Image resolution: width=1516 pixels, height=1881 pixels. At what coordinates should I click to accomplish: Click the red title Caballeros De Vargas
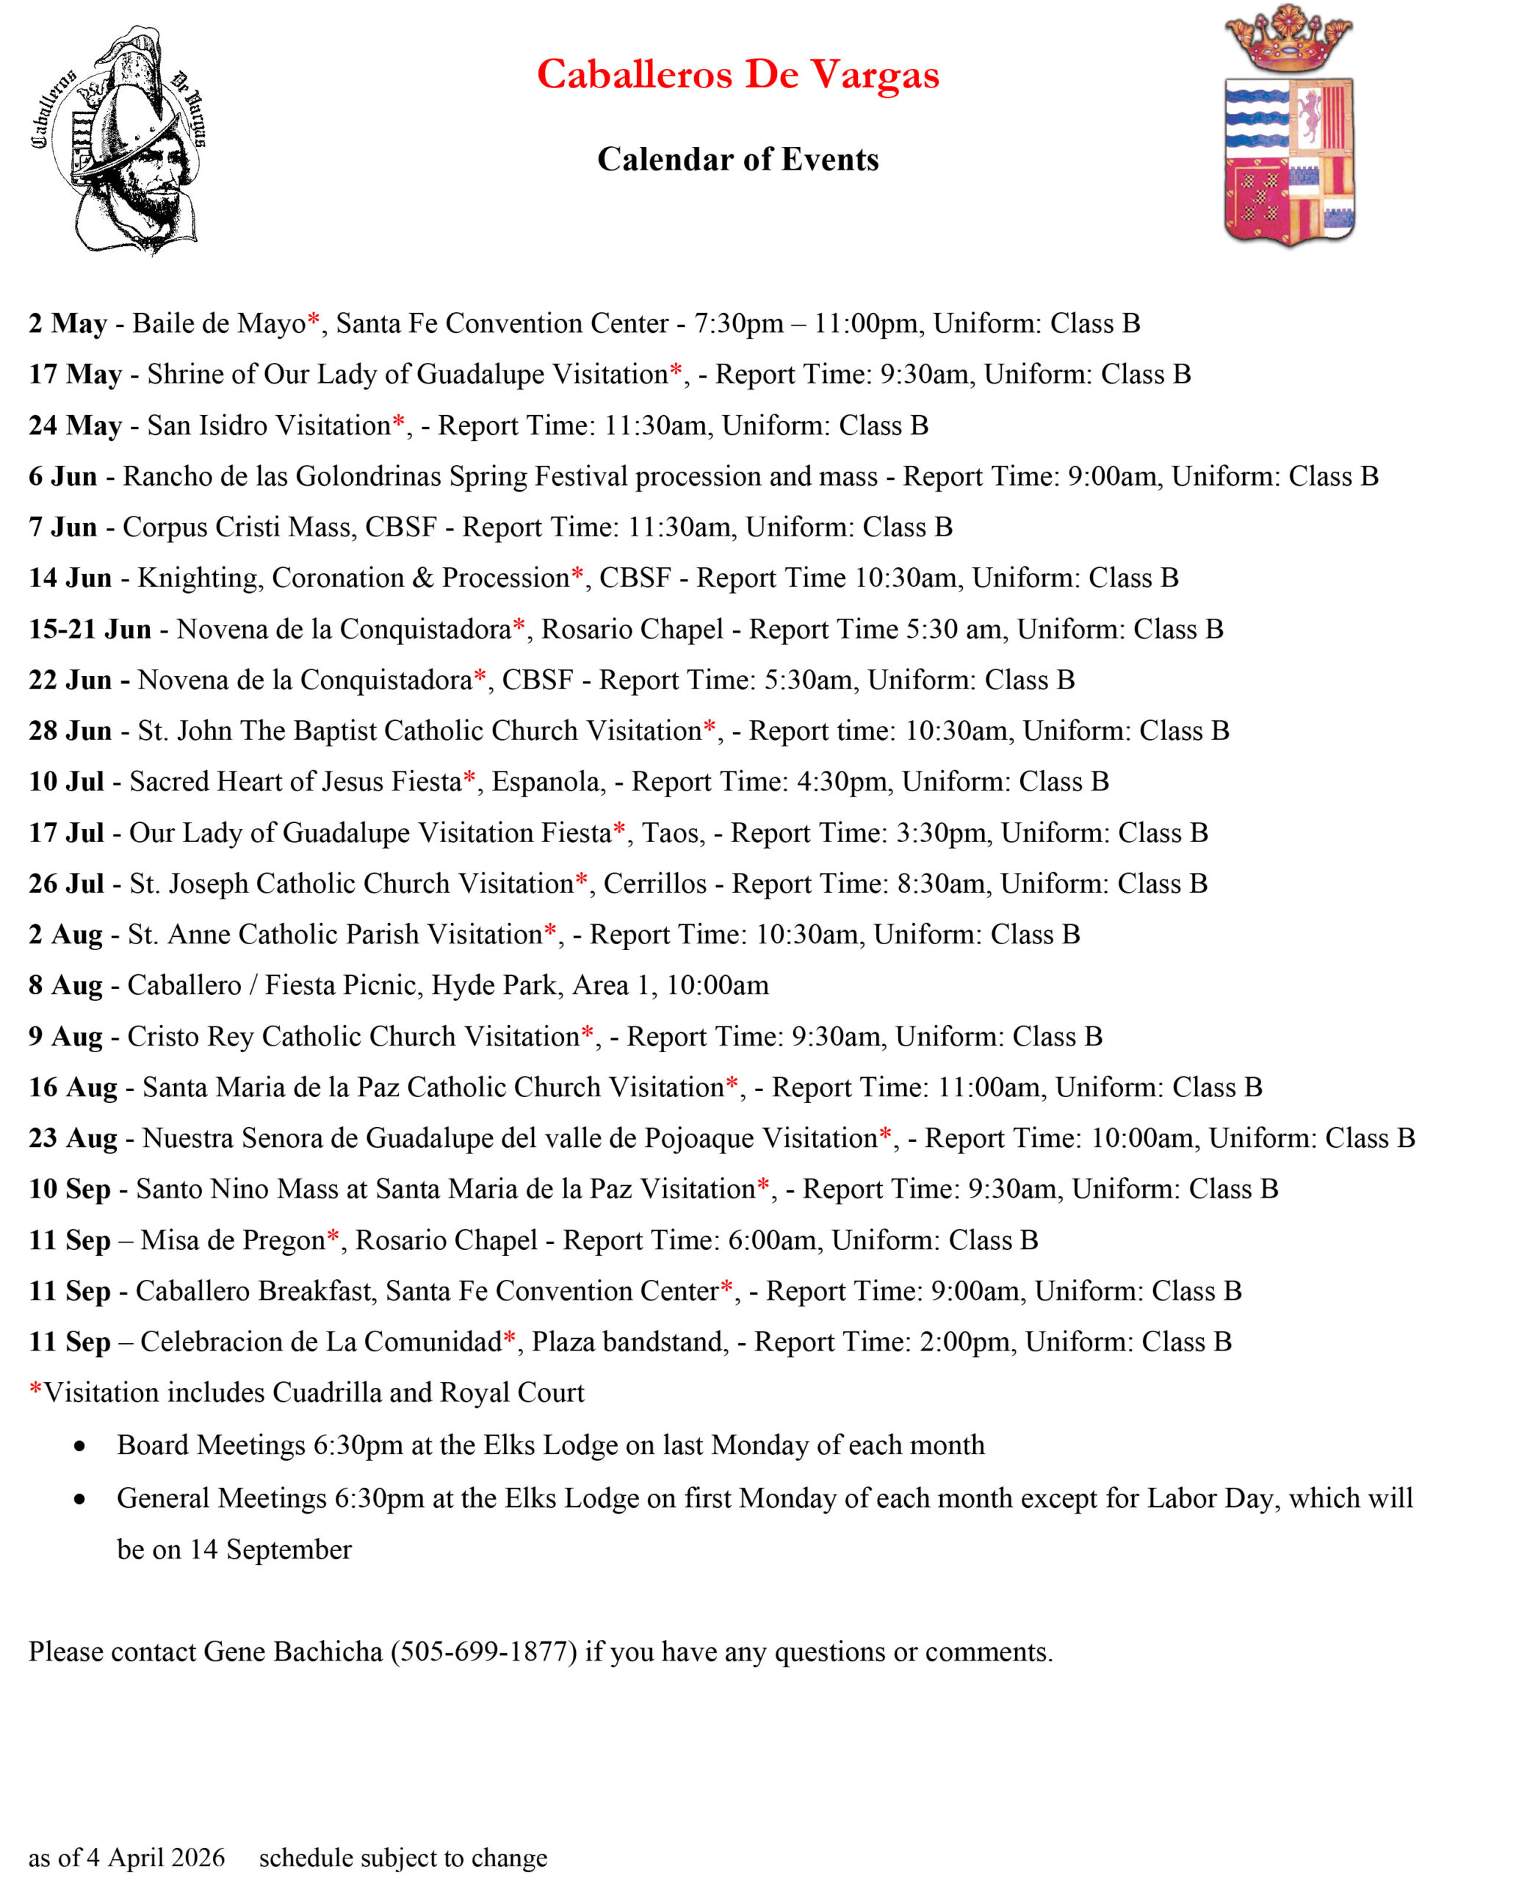[x=738, y=74]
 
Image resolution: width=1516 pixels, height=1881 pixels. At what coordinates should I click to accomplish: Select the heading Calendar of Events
[x=738, y=159]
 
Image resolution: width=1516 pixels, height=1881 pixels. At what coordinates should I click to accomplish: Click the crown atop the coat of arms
[x=1288, y=40]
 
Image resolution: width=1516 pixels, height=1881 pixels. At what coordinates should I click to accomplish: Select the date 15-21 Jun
[x=89, y=629]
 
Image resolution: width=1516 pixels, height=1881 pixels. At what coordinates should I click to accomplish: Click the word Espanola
[x=547, y=782]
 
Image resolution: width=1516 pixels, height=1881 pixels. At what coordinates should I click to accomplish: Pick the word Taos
[x=671, y=832]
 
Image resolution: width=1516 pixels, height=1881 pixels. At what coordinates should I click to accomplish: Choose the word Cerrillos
[x=654, y=883]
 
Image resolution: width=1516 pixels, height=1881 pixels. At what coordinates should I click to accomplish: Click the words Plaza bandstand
[x=629, y=1342]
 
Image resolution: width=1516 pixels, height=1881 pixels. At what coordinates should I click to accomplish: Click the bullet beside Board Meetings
[x=80, y=1447]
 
